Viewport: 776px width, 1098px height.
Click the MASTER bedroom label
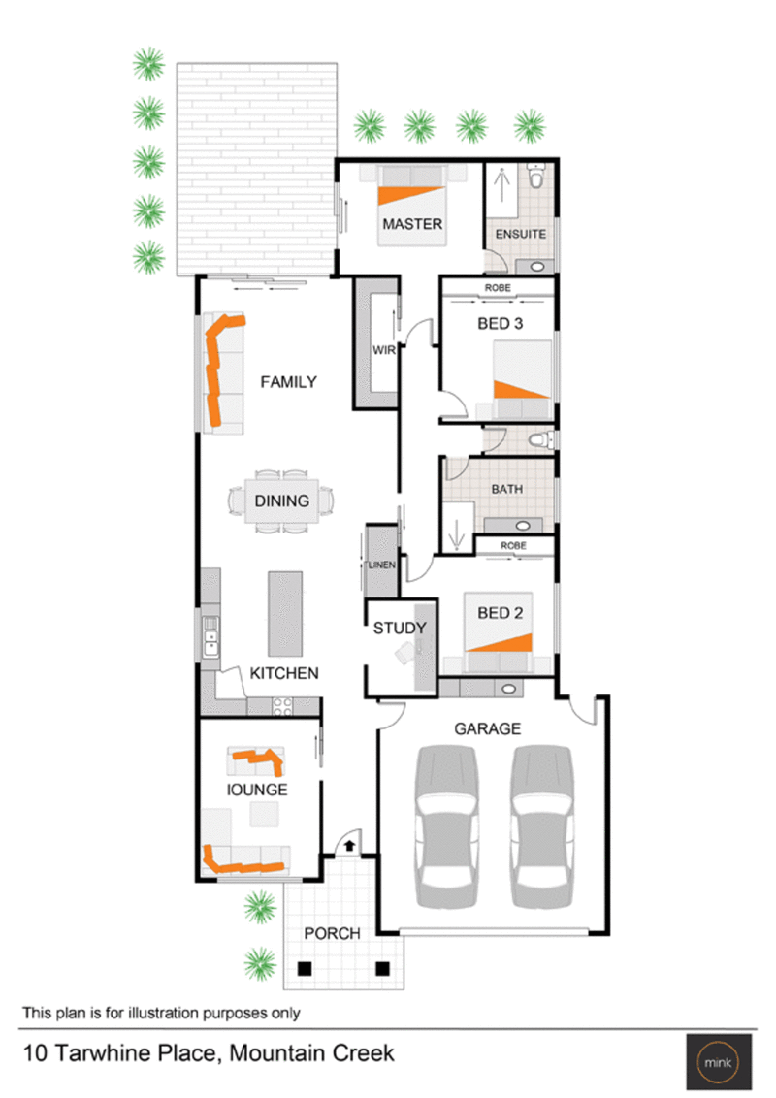[412, 224]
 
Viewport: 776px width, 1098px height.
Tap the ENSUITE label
[521, 235]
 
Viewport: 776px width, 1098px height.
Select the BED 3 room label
[501, 324]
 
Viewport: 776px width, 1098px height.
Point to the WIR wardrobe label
[382, 352]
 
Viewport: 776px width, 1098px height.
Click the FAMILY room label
[288, 382]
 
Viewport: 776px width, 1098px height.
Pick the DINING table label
[282, 501]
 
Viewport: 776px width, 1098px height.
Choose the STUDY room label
[400, 629]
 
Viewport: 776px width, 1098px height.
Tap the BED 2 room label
[501, 613]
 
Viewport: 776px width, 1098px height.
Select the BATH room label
[506, 490]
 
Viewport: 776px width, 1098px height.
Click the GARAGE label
[488, 728]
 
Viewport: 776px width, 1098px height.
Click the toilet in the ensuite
[536, 178]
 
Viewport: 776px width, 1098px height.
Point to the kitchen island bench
[285, 613]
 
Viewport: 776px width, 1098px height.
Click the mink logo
[717, 1057]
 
